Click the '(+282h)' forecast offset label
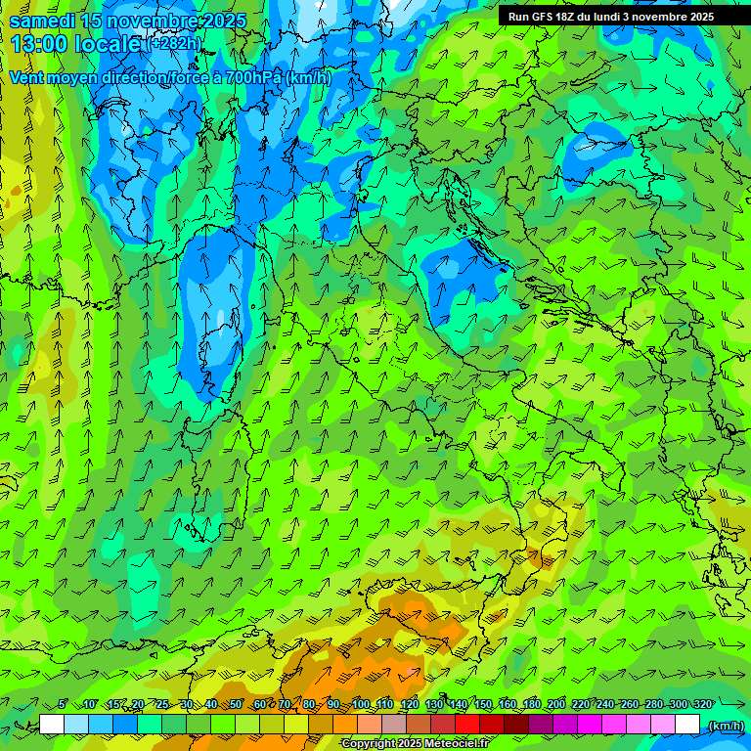pos(175,44)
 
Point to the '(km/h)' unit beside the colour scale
pos(725,725)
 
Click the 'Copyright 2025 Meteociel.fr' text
pos(414,744)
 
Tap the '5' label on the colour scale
pos(63,705)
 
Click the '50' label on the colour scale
pos(235,705)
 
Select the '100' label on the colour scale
pos(360,705)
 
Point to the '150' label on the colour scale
pos(482,705)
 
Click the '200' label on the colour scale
pos(555,705)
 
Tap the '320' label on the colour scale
pos(702,705)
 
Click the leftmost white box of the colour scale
pos(52,725)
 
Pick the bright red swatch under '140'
pos(467,725)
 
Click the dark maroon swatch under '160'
pos(516,725)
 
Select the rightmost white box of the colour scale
pos(687,725)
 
